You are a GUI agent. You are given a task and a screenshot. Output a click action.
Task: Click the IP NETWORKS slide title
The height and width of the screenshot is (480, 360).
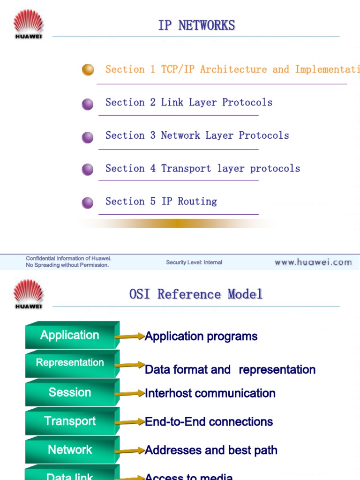click(196, 25)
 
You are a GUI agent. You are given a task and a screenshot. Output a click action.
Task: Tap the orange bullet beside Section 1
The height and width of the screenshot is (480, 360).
click(88, 70)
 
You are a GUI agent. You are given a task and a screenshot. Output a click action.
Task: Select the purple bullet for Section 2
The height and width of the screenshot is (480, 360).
click(88, 104)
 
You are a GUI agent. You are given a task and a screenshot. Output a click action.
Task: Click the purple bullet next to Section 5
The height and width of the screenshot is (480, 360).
click(88, 202)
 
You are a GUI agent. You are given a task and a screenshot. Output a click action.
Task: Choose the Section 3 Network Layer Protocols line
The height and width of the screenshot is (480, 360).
click(197, 135)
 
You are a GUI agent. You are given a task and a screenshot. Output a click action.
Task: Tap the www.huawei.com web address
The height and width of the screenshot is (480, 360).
click(313, 262)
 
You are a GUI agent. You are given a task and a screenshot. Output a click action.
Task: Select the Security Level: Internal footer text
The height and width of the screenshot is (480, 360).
click(194, 262)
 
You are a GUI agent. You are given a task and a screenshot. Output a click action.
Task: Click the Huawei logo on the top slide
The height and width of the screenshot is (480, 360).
click(28, 24)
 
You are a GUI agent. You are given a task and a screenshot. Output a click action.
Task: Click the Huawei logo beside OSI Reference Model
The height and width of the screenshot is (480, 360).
click(28, 293)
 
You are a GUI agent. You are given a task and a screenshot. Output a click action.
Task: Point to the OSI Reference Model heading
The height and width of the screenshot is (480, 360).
click(196, 294)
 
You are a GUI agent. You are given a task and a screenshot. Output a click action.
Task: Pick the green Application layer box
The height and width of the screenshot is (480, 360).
click(70, 336)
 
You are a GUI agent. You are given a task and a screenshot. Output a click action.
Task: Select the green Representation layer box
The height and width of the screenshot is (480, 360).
click(70, 363)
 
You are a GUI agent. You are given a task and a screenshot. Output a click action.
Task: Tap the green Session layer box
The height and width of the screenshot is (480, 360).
click(70, 392)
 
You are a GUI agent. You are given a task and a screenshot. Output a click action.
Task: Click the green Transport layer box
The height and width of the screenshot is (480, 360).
click(70, 421)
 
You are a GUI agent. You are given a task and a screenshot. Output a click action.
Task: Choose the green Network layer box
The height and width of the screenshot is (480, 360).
click(70, 450)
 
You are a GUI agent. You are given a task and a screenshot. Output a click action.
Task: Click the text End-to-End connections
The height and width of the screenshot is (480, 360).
click(209, 422)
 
